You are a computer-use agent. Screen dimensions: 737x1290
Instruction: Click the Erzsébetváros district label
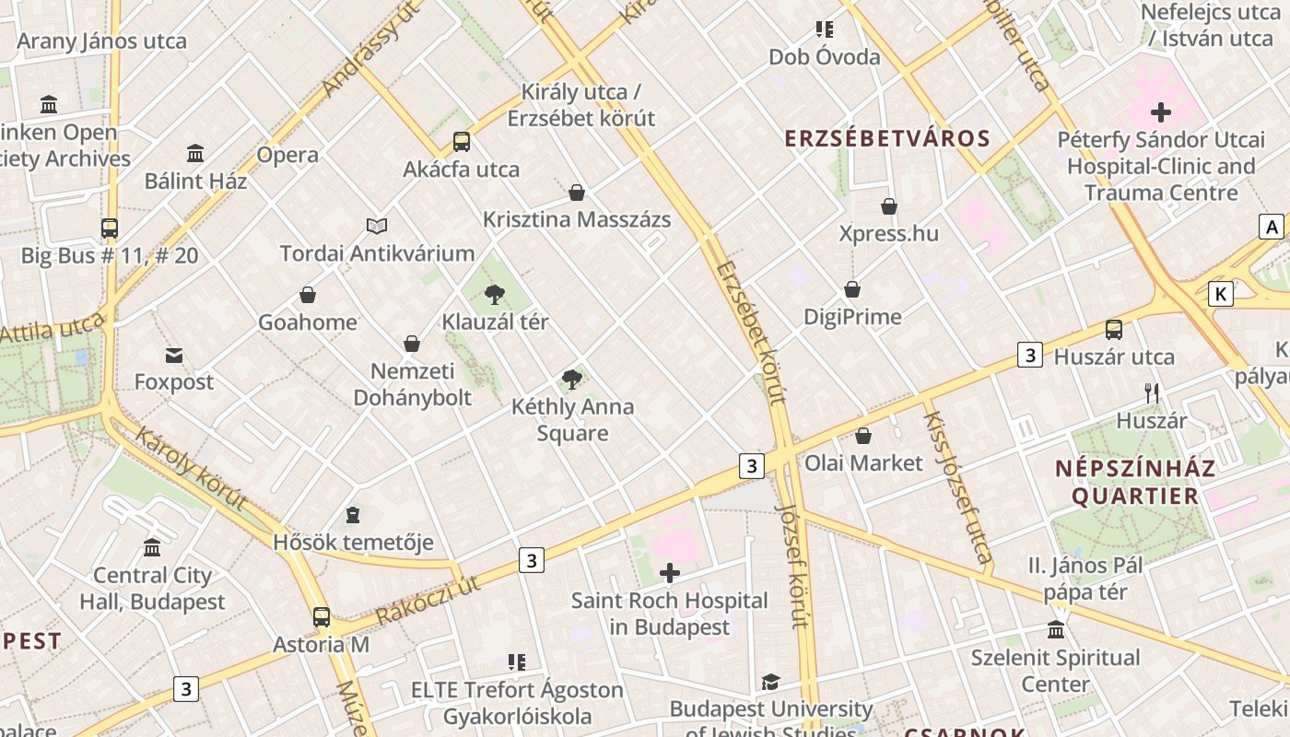[x=886, y=139]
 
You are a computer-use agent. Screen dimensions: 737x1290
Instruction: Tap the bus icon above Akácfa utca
[x=462, y=142]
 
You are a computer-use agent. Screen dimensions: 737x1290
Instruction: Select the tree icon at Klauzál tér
[x=495, y=295]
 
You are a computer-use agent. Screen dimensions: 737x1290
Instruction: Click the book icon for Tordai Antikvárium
[x=377, y=226]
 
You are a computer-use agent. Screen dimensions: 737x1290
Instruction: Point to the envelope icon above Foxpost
[x=174, y=356]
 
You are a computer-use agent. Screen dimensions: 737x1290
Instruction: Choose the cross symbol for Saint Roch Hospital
[x=670, y=574]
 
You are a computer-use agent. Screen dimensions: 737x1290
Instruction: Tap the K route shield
[x=1221, y=294]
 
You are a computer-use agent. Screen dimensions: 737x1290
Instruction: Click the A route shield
[x=1272, y=227]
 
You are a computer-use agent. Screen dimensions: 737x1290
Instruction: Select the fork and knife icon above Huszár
[x=1151, y=393]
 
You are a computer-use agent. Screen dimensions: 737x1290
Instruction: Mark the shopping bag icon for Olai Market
[x=863, y=436]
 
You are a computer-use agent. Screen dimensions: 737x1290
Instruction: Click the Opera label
[x=287, y=155]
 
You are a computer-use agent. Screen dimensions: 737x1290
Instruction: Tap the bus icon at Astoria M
[x=321, y=617]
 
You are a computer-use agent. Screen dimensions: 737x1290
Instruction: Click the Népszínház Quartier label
[x=1134, y=482]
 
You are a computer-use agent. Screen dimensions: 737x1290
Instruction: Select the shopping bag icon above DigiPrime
[x=852, y=289]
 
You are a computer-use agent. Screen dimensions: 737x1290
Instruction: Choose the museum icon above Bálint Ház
[x=195, y=153]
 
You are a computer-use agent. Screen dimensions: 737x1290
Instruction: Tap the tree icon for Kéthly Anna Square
[x=572, y=379]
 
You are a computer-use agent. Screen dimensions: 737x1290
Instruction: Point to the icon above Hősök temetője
[x=353, y=514]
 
